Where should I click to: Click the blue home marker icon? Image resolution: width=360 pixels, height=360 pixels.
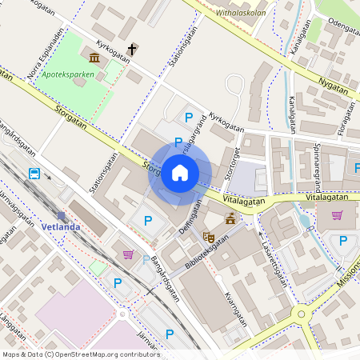point(180,173)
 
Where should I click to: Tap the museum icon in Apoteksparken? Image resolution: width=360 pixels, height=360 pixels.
point(95,58)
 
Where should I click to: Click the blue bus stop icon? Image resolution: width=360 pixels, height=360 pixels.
point(35,174)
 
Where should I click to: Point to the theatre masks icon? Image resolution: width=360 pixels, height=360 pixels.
point(209,236)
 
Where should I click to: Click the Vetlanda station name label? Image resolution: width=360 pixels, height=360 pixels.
point(61,226)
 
